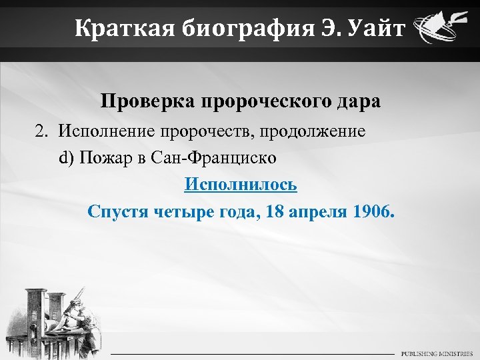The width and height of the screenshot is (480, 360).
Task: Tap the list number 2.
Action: pos(42,131)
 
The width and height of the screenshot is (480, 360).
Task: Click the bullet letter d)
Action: pos(66,158)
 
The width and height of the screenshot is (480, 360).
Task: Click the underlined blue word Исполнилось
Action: pos(241,184)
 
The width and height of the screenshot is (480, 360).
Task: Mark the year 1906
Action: pos(375,212)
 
